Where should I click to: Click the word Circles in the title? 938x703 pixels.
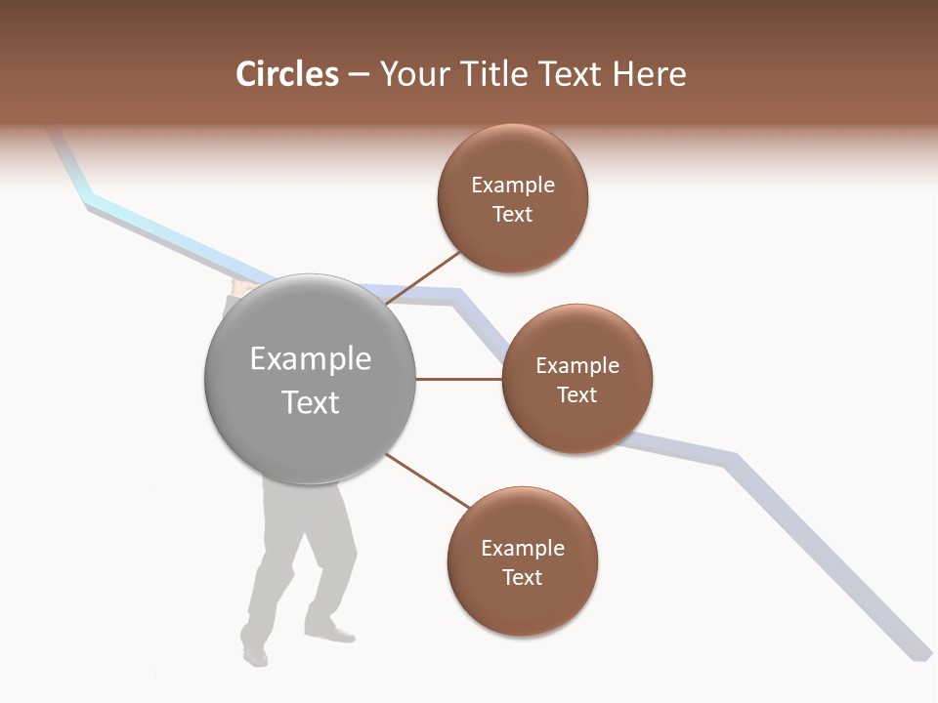tap(287, 74)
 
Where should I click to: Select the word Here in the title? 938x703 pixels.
tap(649, 74)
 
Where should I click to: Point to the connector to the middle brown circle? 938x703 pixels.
tap(459, 379)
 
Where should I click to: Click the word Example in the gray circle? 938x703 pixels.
tap(311, 359)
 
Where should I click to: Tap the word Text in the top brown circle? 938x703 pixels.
tap(513, 215)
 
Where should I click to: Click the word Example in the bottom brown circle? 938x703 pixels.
tap(523, 549)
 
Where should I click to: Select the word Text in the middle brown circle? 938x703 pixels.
tap(577, 395)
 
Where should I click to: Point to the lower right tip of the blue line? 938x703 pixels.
tap(919, 655)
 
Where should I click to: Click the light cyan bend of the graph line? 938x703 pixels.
tap(91, 201)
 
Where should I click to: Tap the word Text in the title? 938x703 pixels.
tap(571, 74)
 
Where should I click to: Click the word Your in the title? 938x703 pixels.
tap(410, 74)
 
